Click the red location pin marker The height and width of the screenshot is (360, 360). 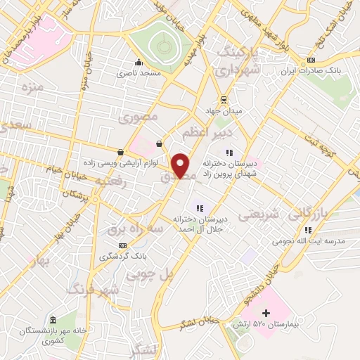tap(181, 165)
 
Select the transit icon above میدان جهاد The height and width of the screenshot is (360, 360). tap(224, 99)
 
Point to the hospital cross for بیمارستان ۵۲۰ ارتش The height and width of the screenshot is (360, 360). tap(266, 312)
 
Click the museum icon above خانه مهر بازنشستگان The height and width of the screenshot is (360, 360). tap(53, 319)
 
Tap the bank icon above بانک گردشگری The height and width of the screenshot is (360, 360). tap(123, 245)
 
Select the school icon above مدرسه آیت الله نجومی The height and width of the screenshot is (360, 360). tap(308, 230)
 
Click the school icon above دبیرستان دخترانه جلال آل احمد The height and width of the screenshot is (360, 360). tap(200, 207)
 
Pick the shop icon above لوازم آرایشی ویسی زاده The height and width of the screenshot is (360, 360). tap(121, 152)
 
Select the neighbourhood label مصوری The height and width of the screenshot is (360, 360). tap(139, 116)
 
